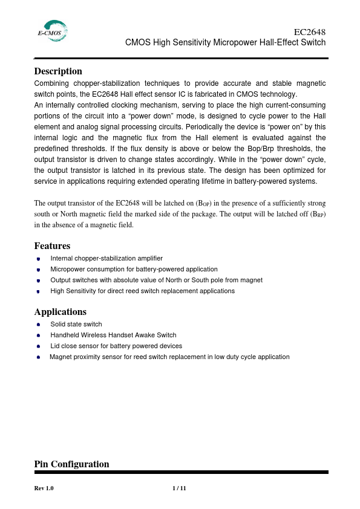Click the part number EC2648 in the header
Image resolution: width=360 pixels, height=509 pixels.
click(309, 32)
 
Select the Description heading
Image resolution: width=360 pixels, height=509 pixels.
click(58, 71)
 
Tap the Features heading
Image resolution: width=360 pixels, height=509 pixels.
click(52, 246)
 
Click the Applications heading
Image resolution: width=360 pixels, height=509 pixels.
click(60, 312)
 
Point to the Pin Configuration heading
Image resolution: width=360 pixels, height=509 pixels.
click(71, 464)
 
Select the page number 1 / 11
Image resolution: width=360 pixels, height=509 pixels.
click(179, 488)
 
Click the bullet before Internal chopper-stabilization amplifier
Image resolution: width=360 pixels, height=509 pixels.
click(38, 259)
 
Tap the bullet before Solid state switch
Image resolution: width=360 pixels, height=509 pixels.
click(38, 325)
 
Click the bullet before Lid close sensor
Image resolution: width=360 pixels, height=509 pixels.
click(38, 346)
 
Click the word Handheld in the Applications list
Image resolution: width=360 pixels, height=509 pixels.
click(64, 335)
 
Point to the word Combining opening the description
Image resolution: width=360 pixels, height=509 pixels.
click(51, 83)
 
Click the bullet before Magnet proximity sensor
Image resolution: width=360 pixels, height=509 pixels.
click(38, 357)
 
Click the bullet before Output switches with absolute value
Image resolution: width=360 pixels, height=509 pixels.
click(38, 280)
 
